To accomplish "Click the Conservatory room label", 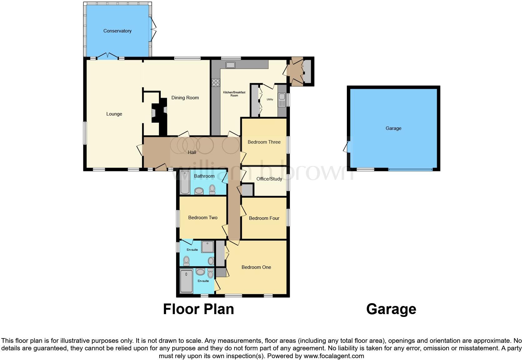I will (x=117, y=31).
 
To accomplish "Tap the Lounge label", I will (x=114, y=114).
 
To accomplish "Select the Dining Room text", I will (x=185, y=98).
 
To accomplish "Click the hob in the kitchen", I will (x=216, y=83).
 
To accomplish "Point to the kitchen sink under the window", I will (x=231, y=65).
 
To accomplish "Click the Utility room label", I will (x=270, y=100).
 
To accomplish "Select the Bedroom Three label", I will (x=264, y=142).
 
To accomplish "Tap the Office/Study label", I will (x=269, y=179).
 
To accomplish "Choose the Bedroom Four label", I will (x=264, y=218).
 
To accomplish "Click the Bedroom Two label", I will (x=203, y=218).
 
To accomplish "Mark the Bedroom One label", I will (x=256, y=267).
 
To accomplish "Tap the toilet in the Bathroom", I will (x=212, y=189).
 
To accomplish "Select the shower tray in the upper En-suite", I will (x=208, y=247).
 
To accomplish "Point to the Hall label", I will (x=192, y=152).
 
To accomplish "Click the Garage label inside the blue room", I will (x=393, y=128).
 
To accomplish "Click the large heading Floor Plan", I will (x=198, y=309).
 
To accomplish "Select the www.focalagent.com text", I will (x=333, y=356).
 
